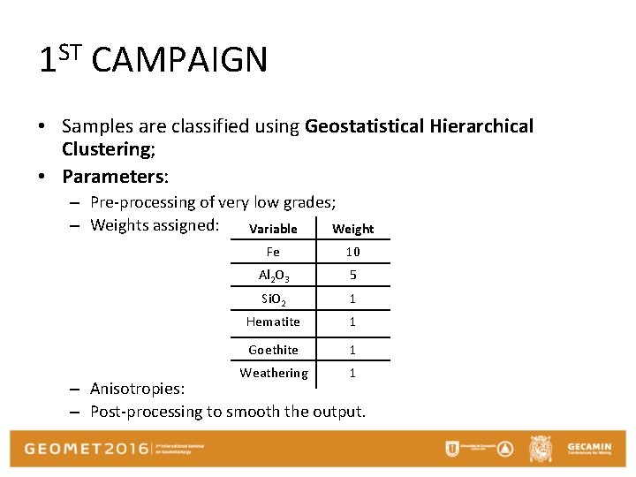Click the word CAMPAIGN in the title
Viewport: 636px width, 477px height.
point(178,61)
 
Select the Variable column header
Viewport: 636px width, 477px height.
point(273,229)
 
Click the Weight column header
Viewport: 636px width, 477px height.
point(352,229)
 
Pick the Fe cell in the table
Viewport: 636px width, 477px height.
point(273,252)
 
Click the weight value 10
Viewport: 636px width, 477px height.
point(352,253)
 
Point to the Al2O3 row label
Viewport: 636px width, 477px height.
point(273,276)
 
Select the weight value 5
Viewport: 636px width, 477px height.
point(352,276)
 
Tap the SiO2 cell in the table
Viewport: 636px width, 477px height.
point(273,299)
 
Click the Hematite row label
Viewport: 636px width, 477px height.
point(273,322)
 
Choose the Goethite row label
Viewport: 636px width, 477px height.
point(273,350)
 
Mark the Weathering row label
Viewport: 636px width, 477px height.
point(274,373)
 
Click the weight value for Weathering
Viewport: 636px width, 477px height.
point(352,373)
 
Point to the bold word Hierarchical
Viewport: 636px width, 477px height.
point(482,126)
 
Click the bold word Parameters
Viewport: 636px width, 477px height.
point(114,176)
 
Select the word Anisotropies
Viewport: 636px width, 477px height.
point(137,389)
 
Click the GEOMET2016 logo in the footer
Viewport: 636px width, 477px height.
point(86,449)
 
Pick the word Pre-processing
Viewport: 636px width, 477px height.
point(143,202)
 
